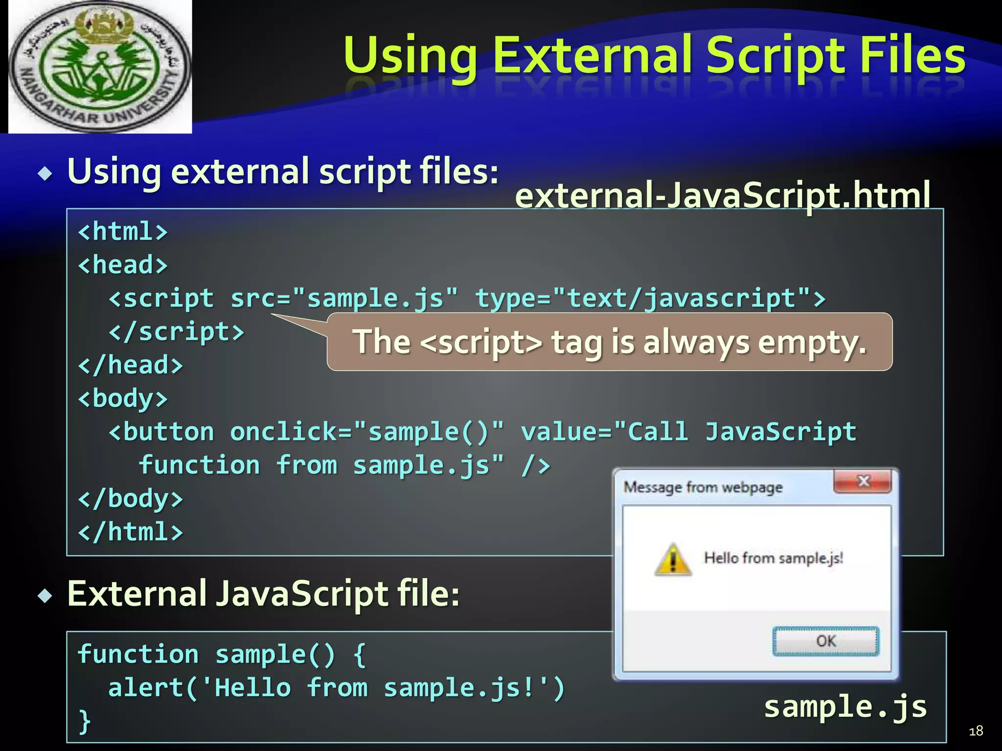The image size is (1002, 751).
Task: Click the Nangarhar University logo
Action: [100, 67]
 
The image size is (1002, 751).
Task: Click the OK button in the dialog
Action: [825, 641]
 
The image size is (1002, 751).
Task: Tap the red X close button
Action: [863, 482]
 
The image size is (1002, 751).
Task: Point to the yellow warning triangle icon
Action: [673, 559]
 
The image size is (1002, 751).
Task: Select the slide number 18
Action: [976, 730]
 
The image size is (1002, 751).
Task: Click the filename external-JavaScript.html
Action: [722, 195]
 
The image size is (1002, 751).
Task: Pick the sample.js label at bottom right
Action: [845, 707]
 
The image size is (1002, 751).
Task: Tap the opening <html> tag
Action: [123, 231]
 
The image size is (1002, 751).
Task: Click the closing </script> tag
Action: [176, 332]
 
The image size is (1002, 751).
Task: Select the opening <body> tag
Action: [123, 398]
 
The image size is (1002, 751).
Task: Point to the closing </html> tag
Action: [131, 532]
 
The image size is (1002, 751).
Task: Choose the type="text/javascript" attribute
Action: [650, 298]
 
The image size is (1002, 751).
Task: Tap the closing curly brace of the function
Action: [85, 721]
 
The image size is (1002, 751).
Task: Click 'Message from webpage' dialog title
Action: [703, 487]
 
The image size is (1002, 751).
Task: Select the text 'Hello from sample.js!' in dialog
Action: [773, 558]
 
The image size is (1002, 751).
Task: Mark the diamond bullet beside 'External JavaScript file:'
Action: [46, 596]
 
